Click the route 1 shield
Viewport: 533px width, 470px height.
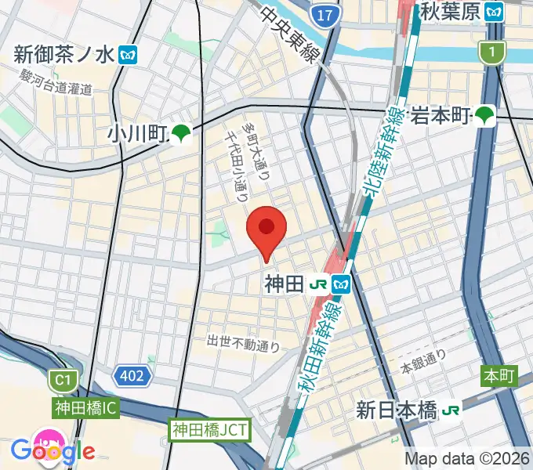click(x=491, y=52)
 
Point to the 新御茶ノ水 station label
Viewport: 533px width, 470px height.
click(x=64, y=54)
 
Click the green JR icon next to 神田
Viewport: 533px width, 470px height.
click(x=319, y=285)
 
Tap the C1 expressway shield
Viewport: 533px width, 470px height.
click(x=63, y=381)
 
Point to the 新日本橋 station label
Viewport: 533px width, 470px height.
click(x=397, y=410)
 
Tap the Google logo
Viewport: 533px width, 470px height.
click(x=53, y=450)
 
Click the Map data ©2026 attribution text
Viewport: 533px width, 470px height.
click(x=467, y=459)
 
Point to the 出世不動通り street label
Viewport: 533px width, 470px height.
click(x=243, y=342)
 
